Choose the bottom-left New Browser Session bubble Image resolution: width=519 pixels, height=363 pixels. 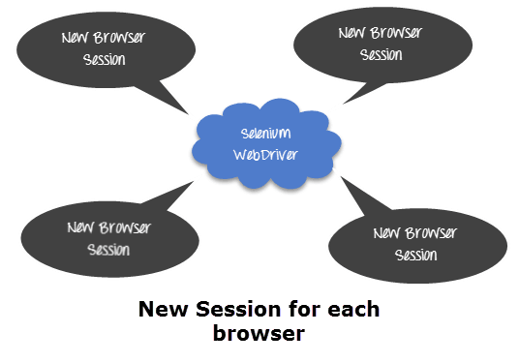(x=108, y=237)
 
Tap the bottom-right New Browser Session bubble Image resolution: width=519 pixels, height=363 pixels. (x=417, y=244)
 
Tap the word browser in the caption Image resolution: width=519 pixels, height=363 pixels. (x=259, y=334)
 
